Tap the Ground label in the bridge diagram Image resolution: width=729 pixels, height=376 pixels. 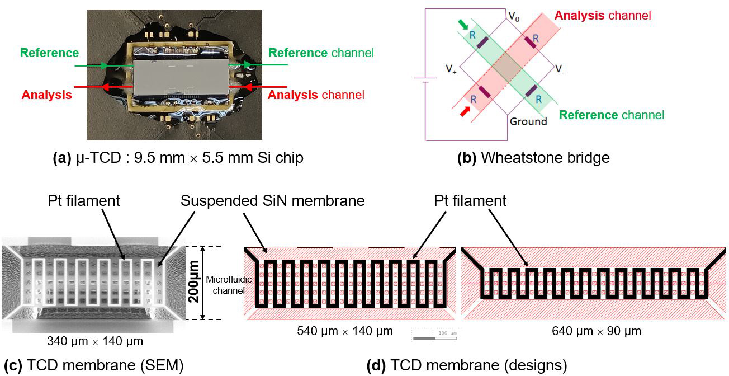pos(528,121)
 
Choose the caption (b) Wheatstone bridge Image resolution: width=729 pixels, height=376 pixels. pos(533,158)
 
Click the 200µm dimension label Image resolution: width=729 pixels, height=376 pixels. pos(194,283)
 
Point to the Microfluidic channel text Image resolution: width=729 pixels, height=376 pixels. pos(222,284)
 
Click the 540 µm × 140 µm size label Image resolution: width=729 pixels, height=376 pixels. pos(344,331)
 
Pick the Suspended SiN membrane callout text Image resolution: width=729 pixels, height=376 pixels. pos(272,201)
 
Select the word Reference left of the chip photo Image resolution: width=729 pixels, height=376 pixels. pos(49,53)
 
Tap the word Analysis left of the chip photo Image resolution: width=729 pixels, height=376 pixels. pos(46,95)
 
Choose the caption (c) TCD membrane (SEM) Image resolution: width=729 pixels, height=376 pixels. pos(93,365)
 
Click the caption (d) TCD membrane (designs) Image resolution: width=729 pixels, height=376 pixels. pos(466,365)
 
